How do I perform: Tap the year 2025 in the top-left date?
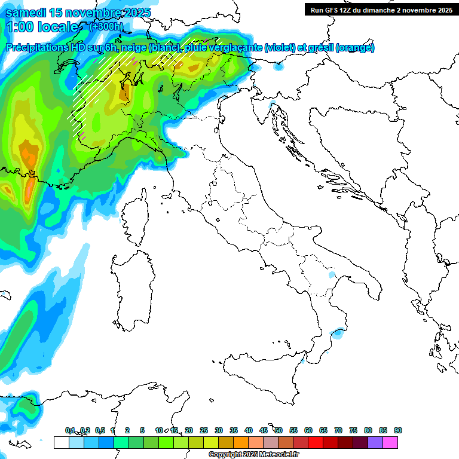[x=134, y=13]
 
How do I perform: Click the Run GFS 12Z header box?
[x=381, y=10]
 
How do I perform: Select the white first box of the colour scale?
[x=61, y=443]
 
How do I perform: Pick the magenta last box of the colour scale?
[x=391, y=443]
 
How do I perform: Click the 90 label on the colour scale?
[x=398, y=430]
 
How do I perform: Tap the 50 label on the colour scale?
[x=279, y=430]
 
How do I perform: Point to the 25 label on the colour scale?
[x=204, y=430]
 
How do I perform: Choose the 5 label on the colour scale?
[x=142, y=430]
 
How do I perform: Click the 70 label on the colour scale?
[x=338, y=430]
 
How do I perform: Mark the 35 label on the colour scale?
[x=234, y=430]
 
